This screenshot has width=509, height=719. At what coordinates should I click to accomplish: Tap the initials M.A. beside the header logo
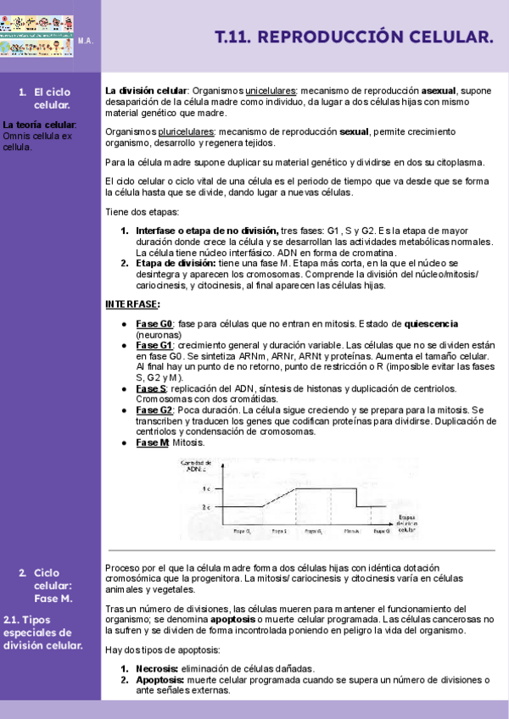[x=86, y=41]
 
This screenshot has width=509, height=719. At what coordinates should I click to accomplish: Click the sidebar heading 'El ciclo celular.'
[x=52, y=98]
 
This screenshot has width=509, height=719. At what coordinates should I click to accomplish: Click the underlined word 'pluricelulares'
[x=187, y=132]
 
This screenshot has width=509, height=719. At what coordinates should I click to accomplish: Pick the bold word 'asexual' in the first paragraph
[x=439, y=91]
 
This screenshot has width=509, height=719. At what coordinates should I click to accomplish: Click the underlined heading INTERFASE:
[x=132, y=304]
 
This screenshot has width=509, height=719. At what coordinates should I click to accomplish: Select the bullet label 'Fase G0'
[x=154, y=324]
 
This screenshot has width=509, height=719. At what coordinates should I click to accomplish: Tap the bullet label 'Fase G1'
[x=154, y=346]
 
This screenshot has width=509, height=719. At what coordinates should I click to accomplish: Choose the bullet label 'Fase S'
[x=151, y=388]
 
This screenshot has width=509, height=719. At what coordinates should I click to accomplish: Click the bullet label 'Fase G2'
[x=154, y=410]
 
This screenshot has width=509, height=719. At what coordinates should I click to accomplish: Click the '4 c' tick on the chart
[x=207, y=489]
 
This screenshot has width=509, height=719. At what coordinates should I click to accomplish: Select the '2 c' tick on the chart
[x=207, y=506]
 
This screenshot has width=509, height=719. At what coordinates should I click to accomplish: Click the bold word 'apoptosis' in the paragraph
[x=235, y=620]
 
